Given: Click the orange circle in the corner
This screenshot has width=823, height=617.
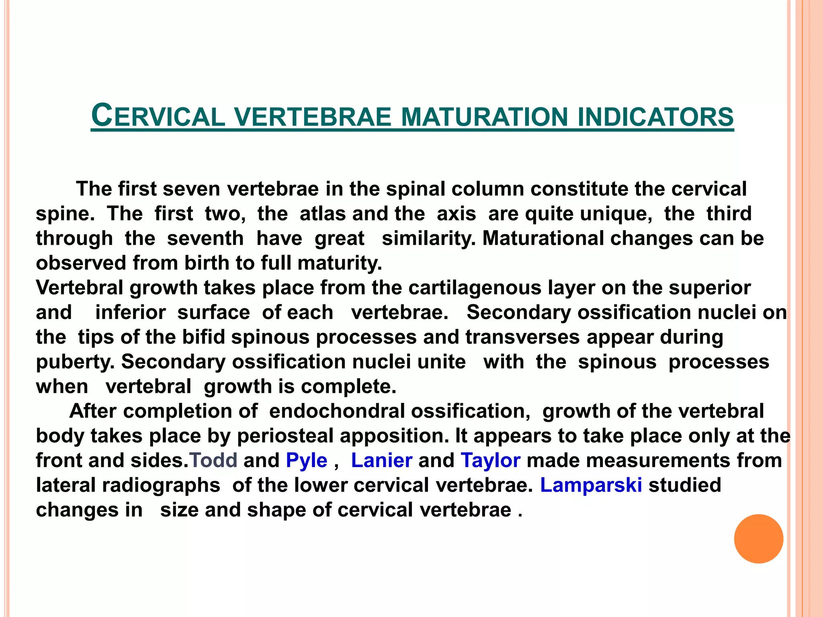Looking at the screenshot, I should (758, 539).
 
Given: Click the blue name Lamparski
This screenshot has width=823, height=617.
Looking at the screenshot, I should (591, 485).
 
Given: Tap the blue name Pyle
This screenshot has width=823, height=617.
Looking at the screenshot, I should (307, 461).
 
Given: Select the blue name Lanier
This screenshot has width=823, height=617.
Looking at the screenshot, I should (381, 460).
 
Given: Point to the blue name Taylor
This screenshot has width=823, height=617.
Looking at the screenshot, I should (490, 461).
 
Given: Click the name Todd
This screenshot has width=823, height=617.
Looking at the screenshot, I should (213, 460).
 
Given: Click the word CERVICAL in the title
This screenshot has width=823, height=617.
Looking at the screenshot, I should (158, 116).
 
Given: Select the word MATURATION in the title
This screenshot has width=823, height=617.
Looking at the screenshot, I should (484, 117).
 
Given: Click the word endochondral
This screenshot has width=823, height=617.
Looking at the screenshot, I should (337, 411).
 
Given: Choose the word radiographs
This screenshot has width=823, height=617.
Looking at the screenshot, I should (161, 486).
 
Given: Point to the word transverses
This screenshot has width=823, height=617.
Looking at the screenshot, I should (522, 337).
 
